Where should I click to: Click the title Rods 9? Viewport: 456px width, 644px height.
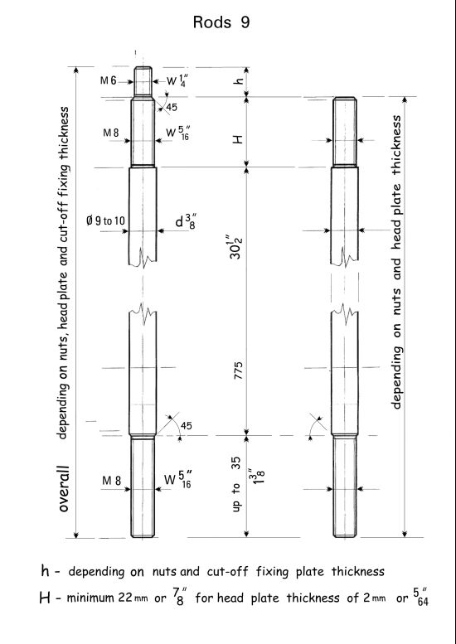coord(221,22)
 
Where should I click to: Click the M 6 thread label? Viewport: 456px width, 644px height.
coord(108,80)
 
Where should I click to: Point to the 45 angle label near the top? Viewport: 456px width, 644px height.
coord(172,107)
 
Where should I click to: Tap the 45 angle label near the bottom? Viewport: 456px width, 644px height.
coord(186,425)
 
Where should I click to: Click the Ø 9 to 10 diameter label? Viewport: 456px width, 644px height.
coord(105,221)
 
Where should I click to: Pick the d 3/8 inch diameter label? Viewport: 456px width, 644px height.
coord(186,221)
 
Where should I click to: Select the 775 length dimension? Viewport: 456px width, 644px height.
coord(238,370)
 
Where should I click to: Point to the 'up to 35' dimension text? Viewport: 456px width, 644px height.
coord(236,485)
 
